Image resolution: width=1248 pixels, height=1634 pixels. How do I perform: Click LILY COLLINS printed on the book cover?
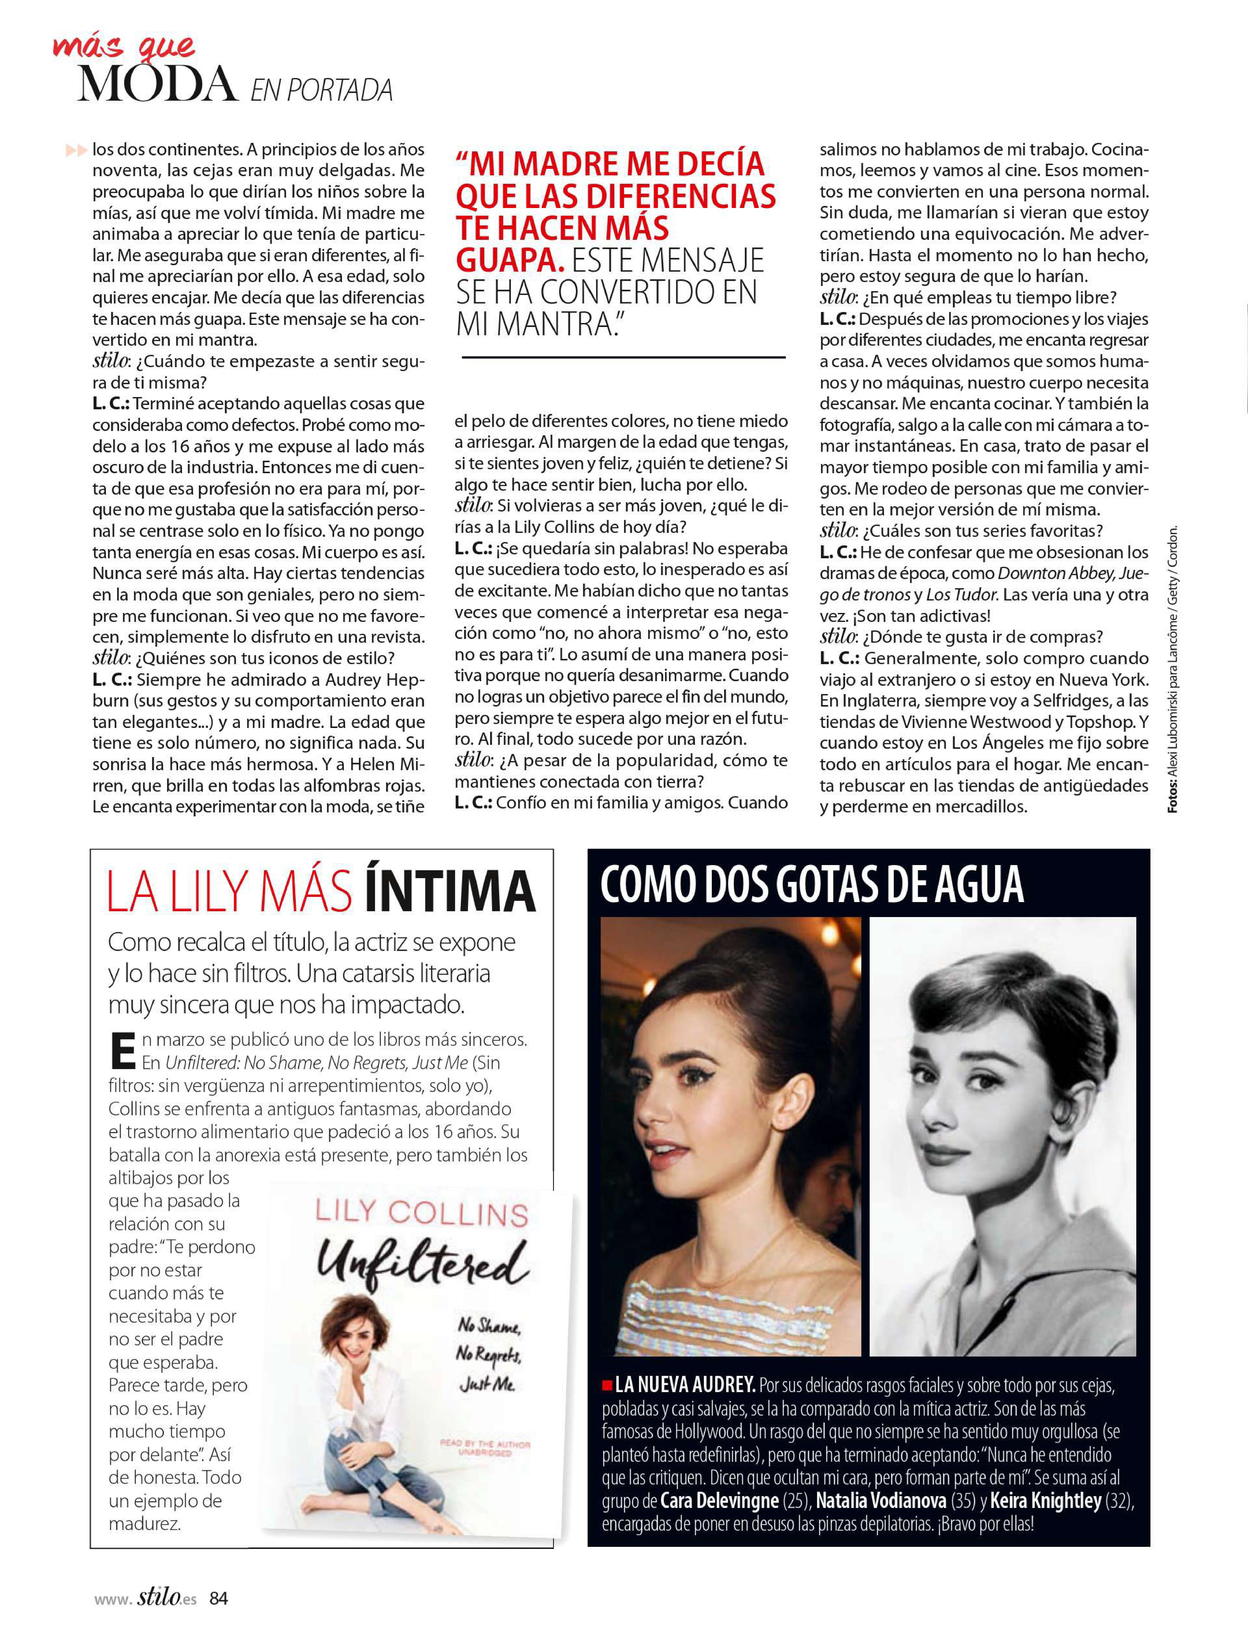pos(421,1214)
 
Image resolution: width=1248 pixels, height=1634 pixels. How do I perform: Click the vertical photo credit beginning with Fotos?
pos(1172,668)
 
